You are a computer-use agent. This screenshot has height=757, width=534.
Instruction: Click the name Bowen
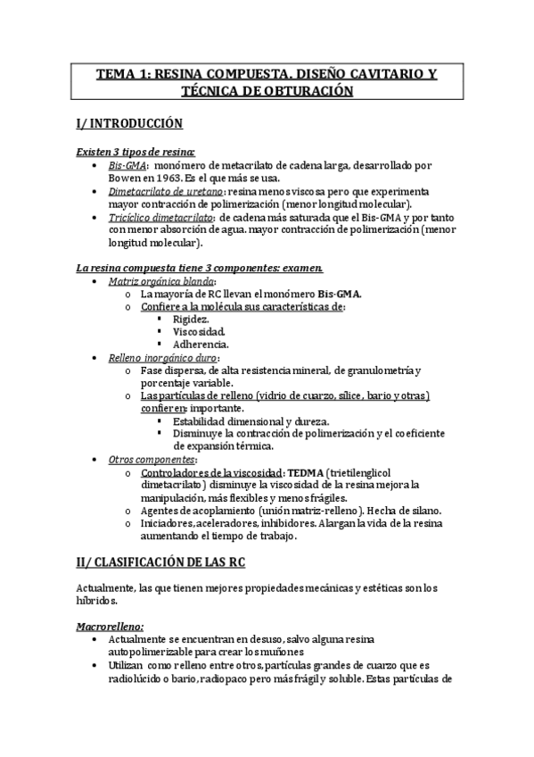[106, 177]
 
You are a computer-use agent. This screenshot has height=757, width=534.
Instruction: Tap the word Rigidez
[192, 319]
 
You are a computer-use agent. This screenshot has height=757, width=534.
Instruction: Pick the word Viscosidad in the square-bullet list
[199, 331]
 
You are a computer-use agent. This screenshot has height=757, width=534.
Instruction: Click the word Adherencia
[201, 344]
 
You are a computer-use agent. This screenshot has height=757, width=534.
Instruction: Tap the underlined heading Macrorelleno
[111, 627]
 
